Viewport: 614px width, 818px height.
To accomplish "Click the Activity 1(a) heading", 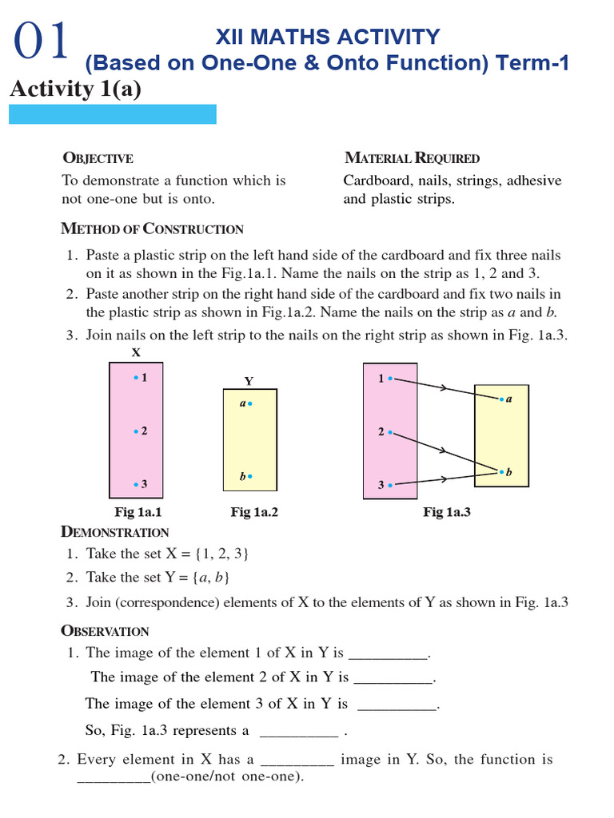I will click(75, 89).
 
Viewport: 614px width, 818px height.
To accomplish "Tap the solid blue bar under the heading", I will click(112, 114).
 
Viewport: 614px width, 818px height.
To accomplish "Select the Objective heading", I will click(98, 158).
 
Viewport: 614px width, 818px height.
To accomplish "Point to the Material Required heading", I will click(412, 158).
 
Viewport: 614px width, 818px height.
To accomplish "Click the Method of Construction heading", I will click(152, 229).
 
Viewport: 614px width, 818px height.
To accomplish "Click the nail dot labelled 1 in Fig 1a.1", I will click(136, 377).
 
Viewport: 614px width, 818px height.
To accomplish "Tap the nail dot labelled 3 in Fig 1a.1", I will click(136, 484).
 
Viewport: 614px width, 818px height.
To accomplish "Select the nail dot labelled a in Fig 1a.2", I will click(250, 404).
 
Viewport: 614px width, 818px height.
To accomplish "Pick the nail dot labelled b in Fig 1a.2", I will click(250, 476).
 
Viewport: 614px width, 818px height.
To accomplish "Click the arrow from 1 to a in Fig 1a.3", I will click(445, 388).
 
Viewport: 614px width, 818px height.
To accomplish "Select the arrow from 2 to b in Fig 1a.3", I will click(445, 451).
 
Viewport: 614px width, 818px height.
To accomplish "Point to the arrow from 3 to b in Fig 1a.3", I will click(445, 478).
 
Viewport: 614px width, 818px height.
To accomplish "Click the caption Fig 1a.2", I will click(254, 513).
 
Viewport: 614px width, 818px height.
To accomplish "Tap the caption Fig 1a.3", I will click(446, 513).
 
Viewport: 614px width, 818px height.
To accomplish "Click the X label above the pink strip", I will click(136, 352).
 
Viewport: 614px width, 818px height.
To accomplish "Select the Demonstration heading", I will click(114, 533).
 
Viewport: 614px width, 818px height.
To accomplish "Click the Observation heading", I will click(105, 631).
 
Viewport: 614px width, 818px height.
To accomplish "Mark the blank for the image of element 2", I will click(393, 680).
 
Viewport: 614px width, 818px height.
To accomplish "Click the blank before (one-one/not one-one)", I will click(113, 777).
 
